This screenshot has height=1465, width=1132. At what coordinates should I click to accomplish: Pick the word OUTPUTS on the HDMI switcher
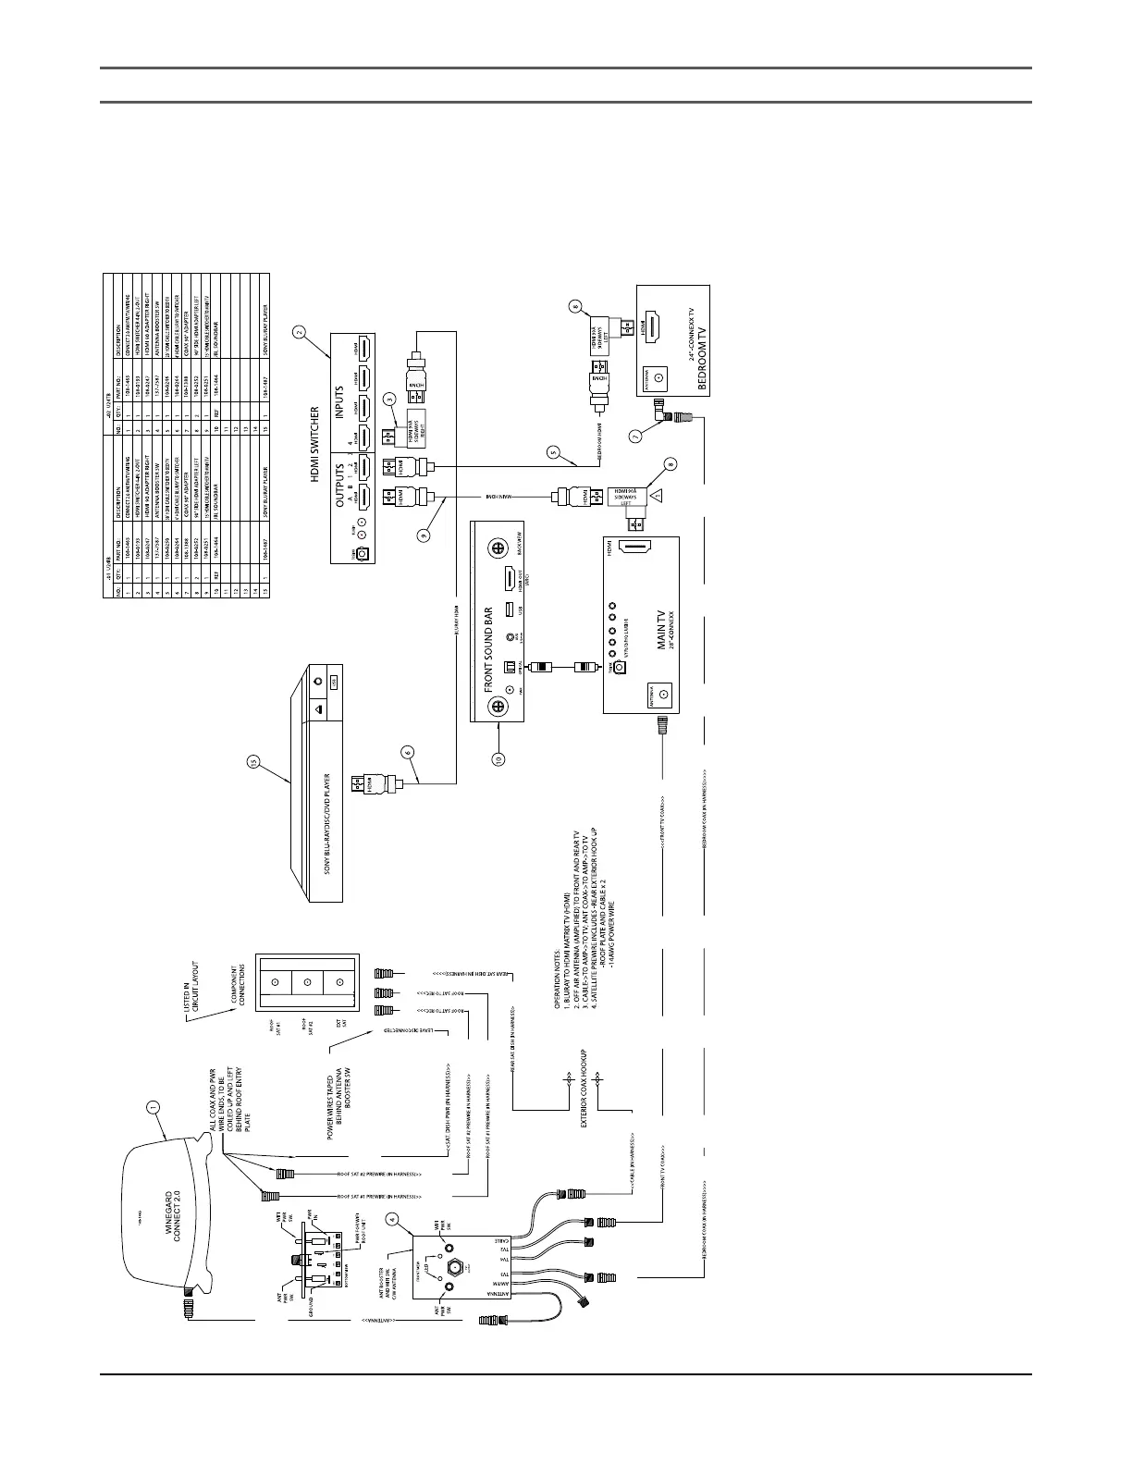pos(339,480)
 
